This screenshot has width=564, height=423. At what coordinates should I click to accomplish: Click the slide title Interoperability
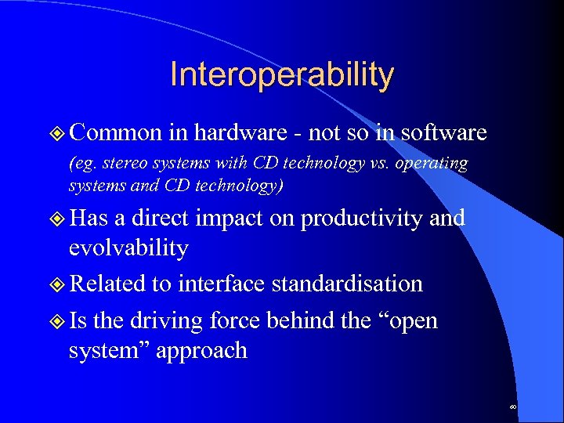(282, 75)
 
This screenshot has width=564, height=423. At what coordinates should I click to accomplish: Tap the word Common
(115, 133)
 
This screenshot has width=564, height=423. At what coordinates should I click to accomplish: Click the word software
(443, 133)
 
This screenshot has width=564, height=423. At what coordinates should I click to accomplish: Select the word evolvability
(128, 248)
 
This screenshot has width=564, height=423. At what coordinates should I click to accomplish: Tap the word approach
(201, 350)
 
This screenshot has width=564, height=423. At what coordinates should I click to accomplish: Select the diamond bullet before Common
(58, 134)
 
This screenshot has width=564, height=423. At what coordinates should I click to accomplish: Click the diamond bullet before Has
(58, 219)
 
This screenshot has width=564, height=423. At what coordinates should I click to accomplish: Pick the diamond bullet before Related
(58, 284)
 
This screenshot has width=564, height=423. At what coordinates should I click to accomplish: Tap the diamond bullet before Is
(58, 321)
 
